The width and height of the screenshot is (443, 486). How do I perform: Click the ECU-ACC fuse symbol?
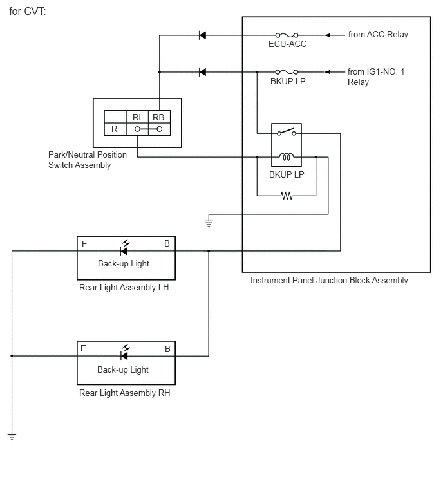coord(287,35)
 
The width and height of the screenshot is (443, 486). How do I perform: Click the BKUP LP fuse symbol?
coord(287,72)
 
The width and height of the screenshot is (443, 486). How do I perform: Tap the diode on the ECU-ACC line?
coord(202,35)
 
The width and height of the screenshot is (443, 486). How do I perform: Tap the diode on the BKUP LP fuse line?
coord(202,72)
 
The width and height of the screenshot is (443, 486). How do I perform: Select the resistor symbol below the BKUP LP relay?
coord(287,196)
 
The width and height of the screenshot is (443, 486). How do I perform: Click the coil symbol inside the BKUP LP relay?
coord(287,157)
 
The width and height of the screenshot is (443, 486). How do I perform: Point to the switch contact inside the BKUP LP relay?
coord(287,132)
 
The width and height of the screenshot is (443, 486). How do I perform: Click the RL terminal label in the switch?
coord(138,117)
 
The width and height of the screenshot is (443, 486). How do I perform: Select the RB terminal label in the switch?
coord(158,117)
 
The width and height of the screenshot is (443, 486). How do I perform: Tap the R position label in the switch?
coord(115,129)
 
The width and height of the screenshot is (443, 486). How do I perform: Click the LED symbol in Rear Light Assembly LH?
coord(125,248)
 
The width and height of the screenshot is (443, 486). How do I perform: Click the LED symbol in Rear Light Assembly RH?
coord(125,353)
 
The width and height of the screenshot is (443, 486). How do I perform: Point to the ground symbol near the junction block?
coord(209,223)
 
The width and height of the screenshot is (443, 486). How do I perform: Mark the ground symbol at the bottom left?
coord(12,437)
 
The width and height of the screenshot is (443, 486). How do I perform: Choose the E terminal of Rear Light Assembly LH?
coord(84,244)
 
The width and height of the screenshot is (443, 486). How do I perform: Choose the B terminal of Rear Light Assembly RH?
coord(167,350)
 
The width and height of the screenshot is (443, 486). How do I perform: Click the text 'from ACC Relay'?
coord(378,34)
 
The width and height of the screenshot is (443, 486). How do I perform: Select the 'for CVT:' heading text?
coord(27,11)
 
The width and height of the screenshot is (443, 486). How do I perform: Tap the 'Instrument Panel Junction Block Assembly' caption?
coord(329,281)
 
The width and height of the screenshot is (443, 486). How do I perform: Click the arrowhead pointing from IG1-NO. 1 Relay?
coord(327,72)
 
